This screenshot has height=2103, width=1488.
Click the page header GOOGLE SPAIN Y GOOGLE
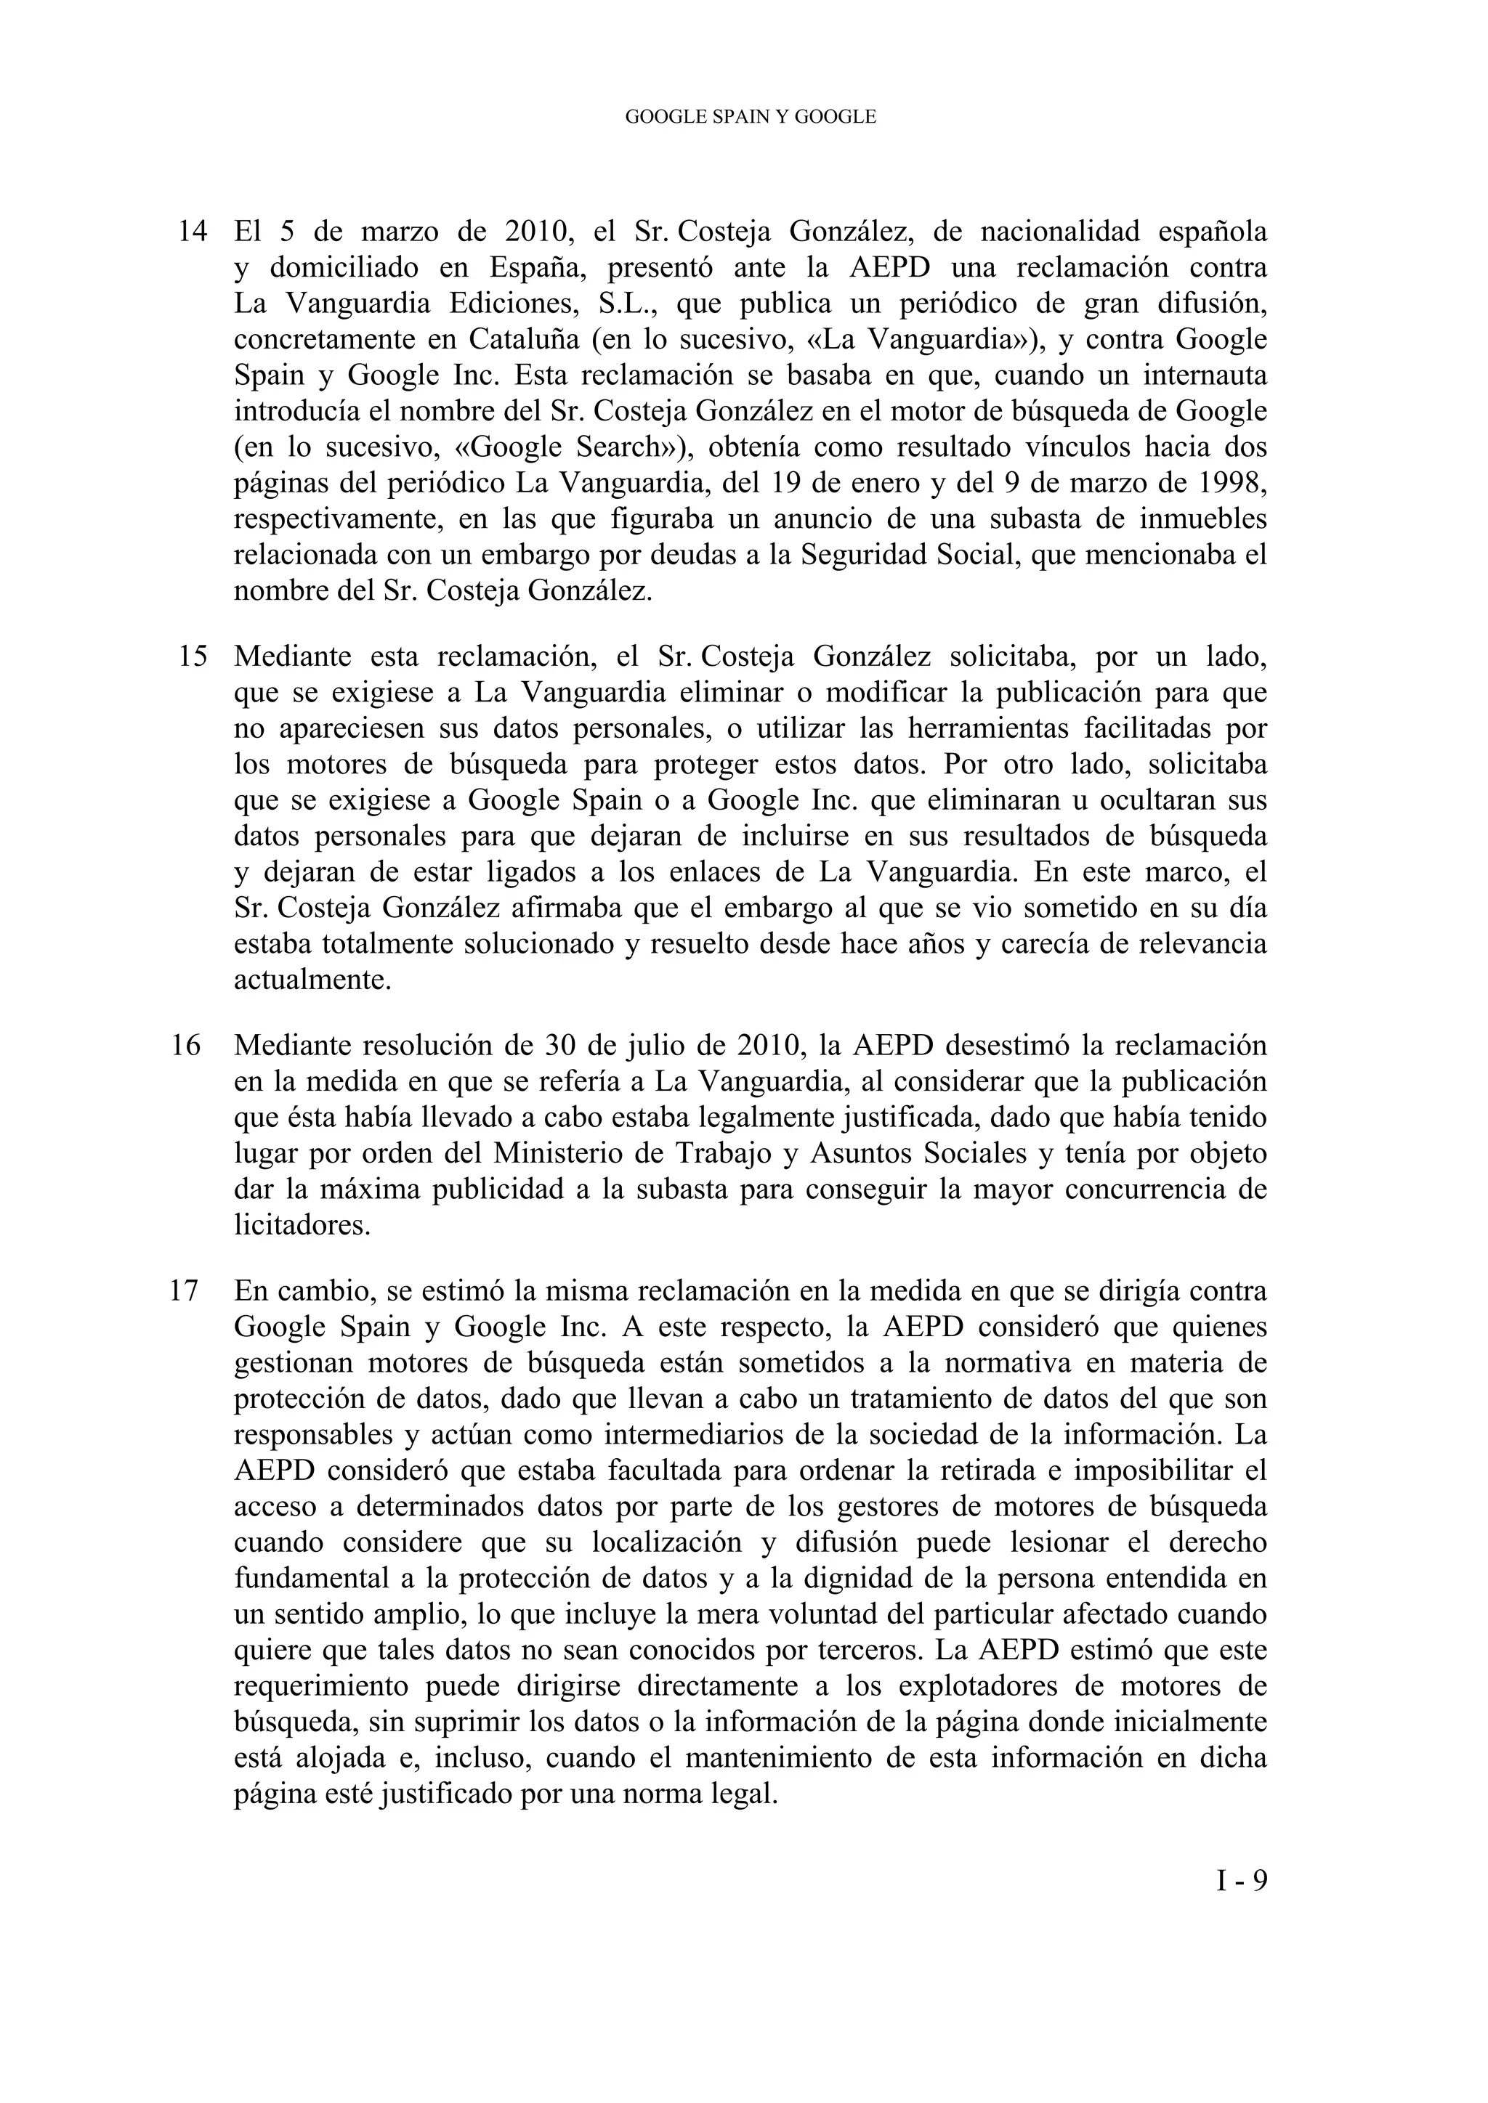point(750,117)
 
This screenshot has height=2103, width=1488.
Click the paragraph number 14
point(192,232)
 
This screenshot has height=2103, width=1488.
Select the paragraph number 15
point(192,656)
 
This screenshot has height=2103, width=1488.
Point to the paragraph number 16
point(186,1046)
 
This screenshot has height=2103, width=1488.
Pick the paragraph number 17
point(186,1291)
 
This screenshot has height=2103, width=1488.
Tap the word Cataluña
point(523,340)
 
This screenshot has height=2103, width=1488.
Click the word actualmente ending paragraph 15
point(312,980)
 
